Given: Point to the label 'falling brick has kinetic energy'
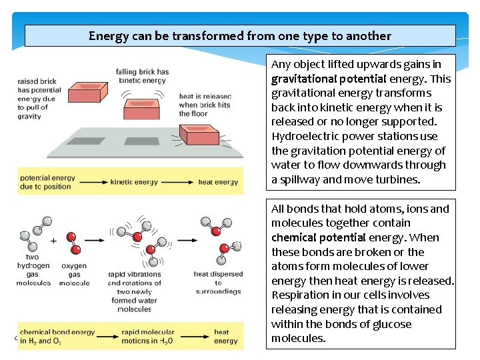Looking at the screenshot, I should (x=143, y=75).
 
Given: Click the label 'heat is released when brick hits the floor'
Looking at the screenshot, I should (x=205, y=105).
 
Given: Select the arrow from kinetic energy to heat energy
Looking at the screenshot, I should (x=176, y=182).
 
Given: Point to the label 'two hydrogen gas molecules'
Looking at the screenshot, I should (x=33, y=270).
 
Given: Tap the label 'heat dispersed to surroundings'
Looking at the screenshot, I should (x=218, y=283).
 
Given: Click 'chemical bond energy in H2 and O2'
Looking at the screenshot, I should (x=57, y=337).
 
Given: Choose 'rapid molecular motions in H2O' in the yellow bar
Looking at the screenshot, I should (x=148, y=337).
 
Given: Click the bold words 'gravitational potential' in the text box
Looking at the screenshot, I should (x=319, y=79).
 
